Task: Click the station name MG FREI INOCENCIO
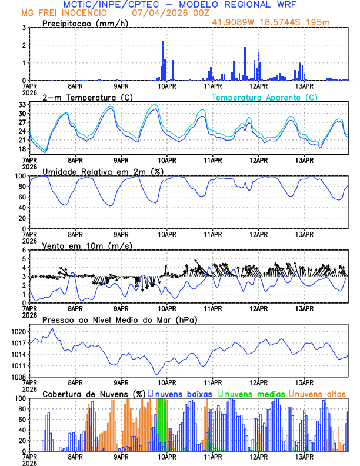tap(64, 13)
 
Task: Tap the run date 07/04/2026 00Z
tap(168, 13)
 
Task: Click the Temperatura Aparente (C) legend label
tap(264, 97)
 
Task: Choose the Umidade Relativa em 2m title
tap(103, 171)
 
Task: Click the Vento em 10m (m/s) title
tap(87, 245)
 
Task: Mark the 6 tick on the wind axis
tap(24, 250)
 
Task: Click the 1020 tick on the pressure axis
tap(18, 332)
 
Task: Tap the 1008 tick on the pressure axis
tap(18, 377)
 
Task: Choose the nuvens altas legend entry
tap(319, 394)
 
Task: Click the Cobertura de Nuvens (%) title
tap(94, 394)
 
